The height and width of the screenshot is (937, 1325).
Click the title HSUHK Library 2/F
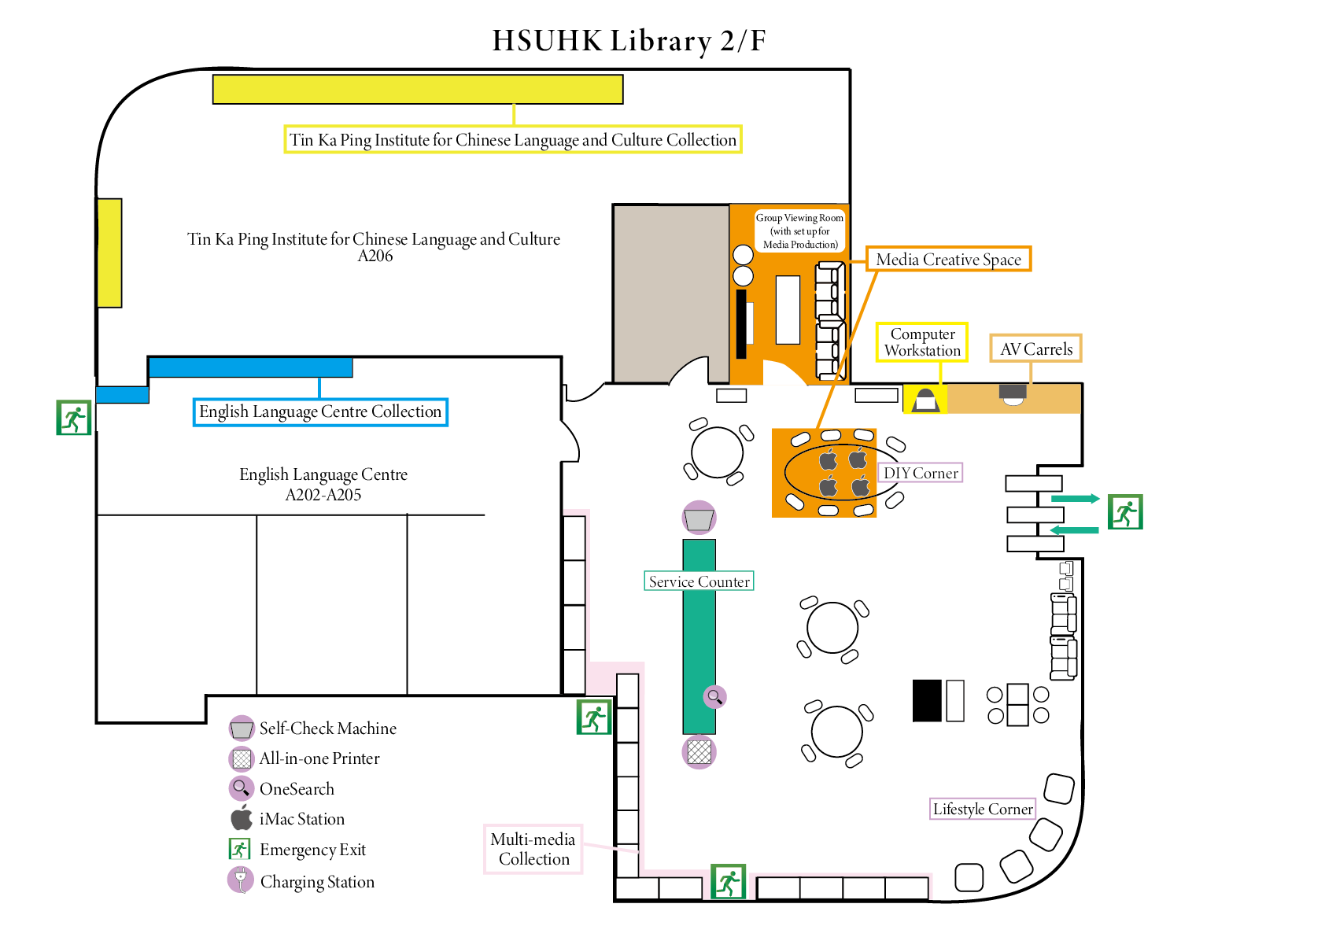pyautogui.click(x=629, y=41)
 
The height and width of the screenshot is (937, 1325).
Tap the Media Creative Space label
pyautogui.click(x=948, y=260)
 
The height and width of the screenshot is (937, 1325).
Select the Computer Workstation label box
pyautogui.click(x=922, y=342)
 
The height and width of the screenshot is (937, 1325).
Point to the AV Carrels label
pyautogui.click(x=1035, y=349)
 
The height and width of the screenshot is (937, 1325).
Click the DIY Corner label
pyautogui.click(x=921, y=473)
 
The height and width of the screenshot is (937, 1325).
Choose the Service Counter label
pyautogui.click(x=699, y=581)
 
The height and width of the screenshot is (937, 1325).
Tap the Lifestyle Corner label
pyautogui.click(x=982, y=809)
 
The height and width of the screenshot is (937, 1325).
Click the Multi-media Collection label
pyautogui.click(x=533, y=849)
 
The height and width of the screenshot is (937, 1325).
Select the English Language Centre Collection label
pyautogui.click(x=320, y=411)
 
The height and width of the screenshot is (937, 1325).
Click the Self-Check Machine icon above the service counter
pyautogui.click(x=699, y=518)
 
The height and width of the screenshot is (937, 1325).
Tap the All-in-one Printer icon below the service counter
pyautogui.click(x=699, y=751)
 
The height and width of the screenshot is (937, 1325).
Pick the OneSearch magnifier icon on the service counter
pyautogui.click(x=714, y=696)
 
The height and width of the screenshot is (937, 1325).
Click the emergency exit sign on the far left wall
pyautogui.click(x=74, y=418)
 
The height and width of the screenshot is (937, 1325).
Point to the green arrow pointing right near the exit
pyautogui.click(x=1075, y=498)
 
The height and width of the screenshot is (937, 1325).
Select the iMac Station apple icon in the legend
pyautogui.click(x=242, y=818)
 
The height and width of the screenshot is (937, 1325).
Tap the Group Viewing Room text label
pyautogui.click(x=799, y=231)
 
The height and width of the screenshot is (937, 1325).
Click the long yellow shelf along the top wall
pyautogui.click(x=418, y=90)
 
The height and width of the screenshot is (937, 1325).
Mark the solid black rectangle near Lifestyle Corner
pyautogui.click(x=926, y=700)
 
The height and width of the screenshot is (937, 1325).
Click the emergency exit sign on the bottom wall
pyautogui.click(x=728, y=881)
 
